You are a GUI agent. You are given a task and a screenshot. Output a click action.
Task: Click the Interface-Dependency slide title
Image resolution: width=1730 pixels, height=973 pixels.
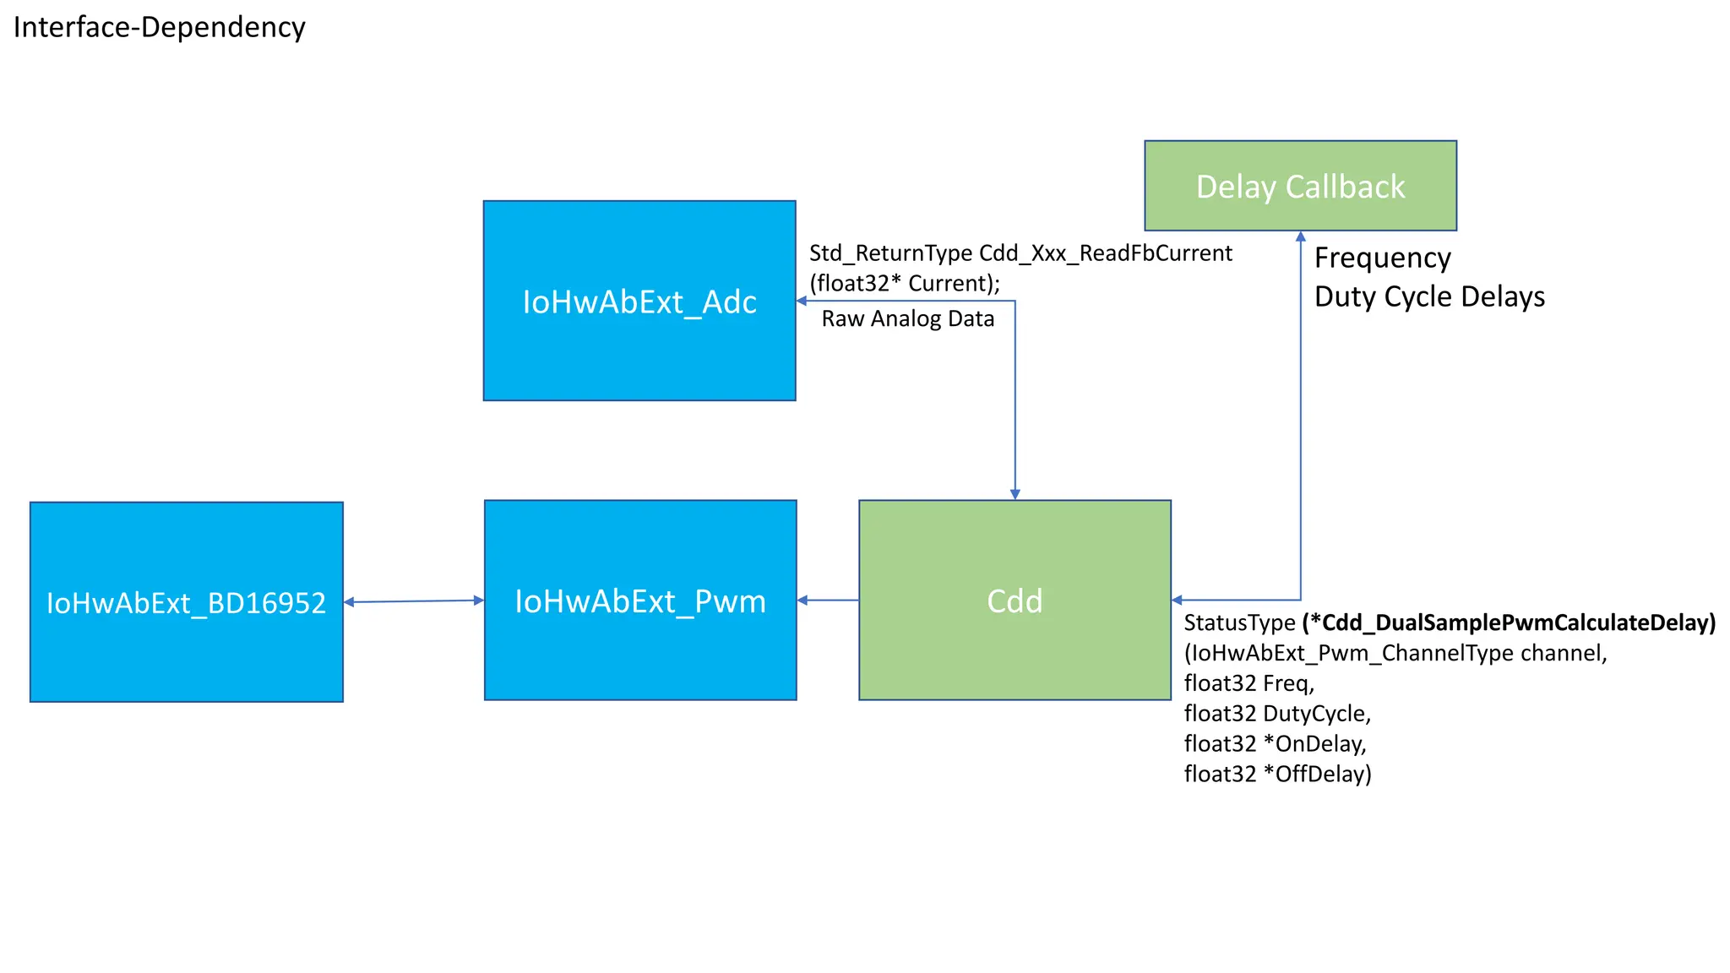click(159, 27)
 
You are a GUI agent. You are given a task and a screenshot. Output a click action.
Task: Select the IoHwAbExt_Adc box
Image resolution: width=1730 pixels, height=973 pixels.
click(639, 301)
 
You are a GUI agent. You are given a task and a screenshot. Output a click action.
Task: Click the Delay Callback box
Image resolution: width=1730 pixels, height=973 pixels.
click(1300, 186)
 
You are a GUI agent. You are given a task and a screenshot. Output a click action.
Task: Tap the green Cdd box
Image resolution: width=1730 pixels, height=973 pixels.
click(1015, 601)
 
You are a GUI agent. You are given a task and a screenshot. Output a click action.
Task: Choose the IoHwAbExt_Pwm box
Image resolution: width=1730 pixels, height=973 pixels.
click(640, 601)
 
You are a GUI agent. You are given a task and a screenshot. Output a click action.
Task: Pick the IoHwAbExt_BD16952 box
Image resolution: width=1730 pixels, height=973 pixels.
click(186, 602)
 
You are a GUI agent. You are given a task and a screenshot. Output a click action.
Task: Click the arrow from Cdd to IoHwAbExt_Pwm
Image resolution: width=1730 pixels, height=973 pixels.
click(828, 601)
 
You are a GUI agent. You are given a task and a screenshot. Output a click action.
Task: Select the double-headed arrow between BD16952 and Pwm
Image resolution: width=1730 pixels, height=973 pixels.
click(414, 601)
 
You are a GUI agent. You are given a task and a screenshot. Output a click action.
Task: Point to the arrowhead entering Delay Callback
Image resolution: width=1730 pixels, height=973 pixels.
click(1300, 237)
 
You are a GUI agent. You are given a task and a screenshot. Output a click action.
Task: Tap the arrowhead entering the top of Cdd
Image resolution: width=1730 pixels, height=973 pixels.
click(1015, 494)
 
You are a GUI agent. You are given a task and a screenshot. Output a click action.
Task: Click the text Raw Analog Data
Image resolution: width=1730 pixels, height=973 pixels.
click(907, 319)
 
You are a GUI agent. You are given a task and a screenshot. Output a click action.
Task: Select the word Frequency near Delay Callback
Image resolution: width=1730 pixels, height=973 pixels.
click(1382, 258)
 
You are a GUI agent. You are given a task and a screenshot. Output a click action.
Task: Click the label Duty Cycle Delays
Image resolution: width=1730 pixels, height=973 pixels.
click(1429, 296)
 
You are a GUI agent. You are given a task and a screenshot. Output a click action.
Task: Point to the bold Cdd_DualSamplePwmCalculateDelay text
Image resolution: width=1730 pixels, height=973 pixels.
click(1509, 622)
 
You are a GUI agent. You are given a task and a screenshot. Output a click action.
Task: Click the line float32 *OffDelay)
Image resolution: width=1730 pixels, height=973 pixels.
click(1277, 774)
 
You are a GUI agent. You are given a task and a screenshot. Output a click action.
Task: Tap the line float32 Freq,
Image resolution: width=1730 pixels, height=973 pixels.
click(1249, 683)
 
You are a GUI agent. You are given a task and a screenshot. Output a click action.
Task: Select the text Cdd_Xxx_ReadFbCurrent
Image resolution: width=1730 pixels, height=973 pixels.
click(1105, 253)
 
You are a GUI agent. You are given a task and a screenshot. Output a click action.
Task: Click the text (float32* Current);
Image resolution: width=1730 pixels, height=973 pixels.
click(904, 283)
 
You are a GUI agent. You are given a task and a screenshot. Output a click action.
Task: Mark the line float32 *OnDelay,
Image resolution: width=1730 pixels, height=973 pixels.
click(1275, 743)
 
